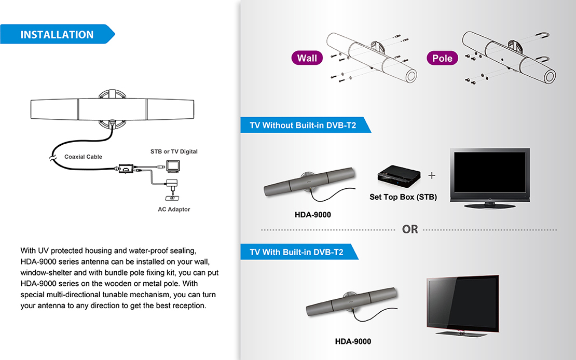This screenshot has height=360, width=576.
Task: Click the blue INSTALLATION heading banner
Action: tap(57, 35)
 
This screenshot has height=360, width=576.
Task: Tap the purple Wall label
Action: tap(307, 58)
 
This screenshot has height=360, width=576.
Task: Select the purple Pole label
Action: tap(442, 58)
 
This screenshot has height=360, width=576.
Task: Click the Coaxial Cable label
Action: tap(83, 157)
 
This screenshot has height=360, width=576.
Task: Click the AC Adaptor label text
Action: tap(174, 210)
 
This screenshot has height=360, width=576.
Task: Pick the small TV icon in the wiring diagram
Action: tap(173, 166)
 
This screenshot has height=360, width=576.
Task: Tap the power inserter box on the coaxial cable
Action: tap(126, 169)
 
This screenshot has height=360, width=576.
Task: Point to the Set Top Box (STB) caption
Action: tap(403, 197)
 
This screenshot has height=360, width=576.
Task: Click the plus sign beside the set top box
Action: tap(432, 175)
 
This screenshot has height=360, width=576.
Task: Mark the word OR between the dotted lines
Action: tap(410, 229)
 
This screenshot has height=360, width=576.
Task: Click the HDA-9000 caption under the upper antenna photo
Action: tap(313, 215)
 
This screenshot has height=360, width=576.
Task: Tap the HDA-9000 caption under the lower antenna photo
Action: tap(353, 341)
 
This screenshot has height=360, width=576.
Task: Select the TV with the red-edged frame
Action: tap(462, 303)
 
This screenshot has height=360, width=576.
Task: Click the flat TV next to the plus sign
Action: tap(489, 178)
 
